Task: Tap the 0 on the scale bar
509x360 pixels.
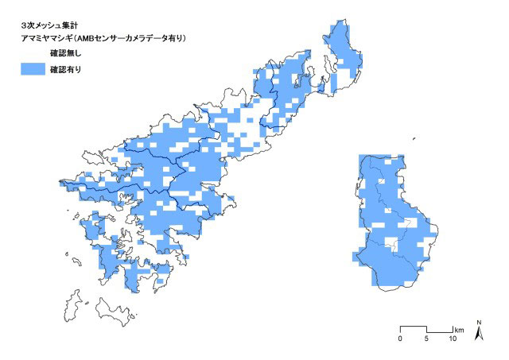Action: click(x=400, y=339)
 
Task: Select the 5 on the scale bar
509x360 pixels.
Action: click(x=427, y=339)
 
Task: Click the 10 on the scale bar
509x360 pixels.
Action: click(x=453, y=339)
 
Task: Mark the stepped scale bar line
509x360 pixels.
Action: click(x=426, y=328)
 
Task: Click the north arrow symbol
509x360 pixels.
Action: click(x=478, y=334)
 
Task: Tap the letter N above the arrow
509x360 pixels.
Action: click(x=478, y=322)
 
